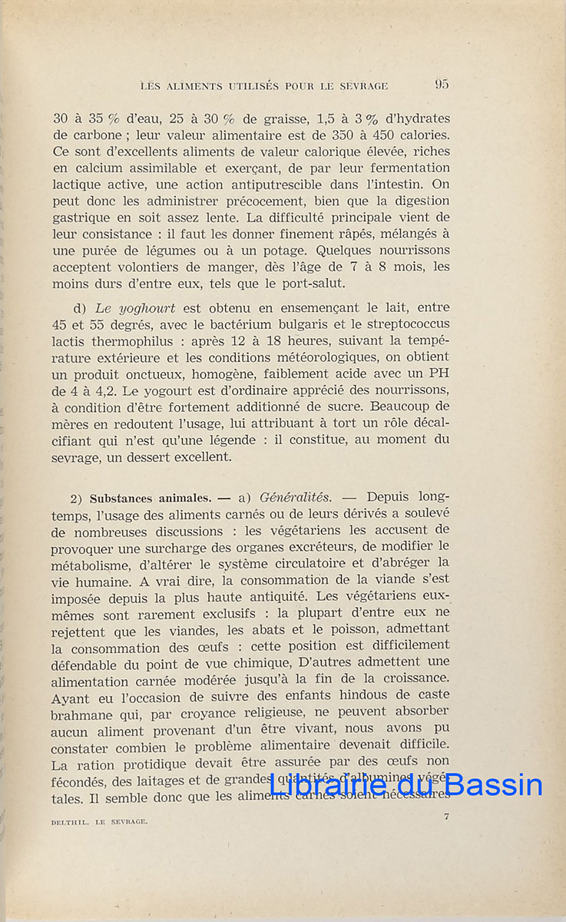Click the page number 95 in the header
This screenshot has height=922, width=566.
click(x=442, y=85)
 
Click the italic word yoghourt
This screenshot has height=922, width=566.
click(x=147, y=307)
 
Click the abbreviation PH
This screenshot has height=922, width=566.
click(x=439, y=373)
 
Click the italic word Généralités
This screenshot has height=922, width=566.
click(x=296, y=498)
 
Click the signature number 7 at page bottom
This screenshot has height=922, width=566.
click(x=445, y=817)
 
